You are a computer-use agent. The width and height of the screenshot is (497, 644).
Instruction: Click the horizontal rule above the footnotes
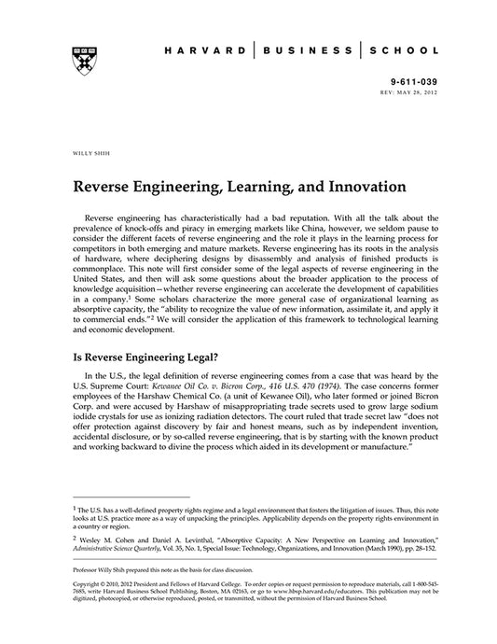click(131, 497)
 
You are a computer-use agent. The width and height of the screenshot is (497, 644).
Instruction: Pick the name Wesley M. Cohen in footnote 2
click(105, 539)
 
